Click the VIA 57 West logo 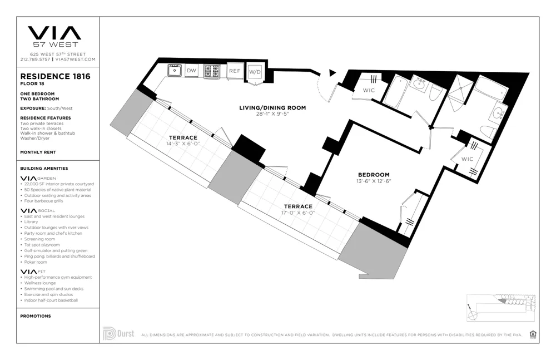[x=54, y=36]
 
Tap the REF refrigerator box [x=235, y=71]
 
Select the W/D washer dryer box [x=255, y=72]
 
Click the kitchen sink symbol [x=175, y=70]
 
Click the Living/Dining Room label [x=272, y=108]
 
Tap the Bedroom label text [x=373, y=174]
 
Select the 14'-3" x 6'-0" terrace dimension [x=183, y=144]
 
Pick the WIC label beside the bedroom [x=467, y=159]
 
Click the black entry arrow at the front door [x=332, y=72]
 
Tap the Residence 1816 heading [x=55, y=76]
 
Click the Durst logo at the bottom [x=118, y=334]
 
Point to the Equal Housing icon [x=533, y=334]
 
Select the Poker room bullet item [x=37, y=262]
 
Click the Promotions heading [x=35, y=316]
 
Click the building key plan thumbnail [x=501, y=305]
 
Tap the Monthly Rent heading [x=37, y=152]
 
